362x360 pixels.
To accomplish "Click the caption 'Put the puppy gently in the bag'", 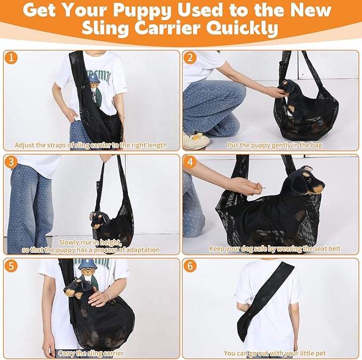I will coord(275,145).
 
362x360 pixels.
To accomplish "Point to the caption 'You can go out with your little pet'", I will coord(275,353).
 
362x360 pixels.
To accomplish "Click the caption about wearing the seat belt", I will coord(275,249).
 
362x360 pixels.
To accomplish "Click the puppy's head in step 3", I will coord(99,218).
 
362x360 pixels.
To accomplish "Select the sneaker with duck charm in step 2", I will coord(196,140).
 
